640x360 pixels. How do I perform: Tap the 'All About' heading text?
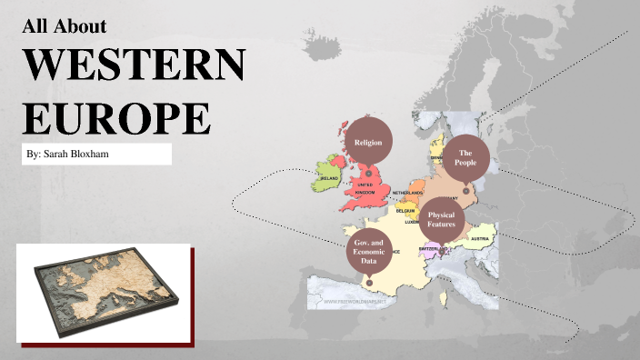(64, 25)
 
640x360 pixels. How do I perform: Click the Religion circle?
(368, 142)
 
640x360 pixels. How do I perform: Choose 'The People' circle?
(466, 156)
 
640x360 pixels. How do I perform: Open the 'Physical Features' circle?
(440, 219)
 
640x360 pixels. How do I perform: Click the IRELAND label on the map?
(329, 179)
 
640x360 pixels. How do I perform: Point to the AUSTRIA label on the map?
(481, 239)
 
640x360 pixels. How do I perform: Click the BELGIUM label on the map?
(405, 210)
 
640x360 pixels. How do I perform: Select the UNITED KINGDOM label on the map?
(365, 188)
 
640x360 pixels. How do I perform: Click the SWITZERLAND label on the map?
(428, 248)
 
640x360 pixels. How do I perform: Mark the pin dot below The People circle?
(465, 191)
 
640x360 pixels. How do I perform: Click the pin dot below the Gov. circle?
(368, 283)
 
